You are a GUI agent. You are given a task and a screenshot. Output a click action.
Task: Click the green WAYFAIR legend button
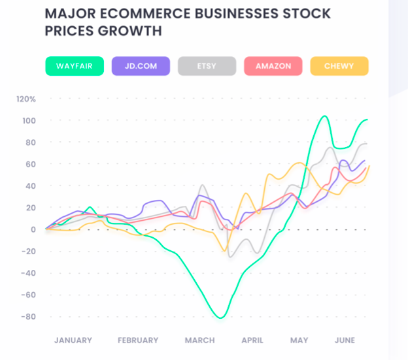tap(75, 66)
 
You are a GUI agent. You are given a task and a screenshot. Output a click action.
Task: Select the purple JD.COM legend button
tap(141, 66)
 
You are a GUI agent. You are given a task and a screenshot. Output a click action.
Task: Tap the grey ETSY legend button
tap(207, 66)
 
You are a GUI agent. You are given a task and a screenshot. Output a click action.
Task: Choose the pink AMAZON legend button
tap(273, 66)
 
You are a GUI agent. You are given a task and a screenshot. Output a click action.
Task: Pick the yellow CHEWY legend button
tap(339, 66)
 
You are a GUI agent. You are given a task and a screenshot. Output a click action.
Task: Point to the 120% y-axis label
tap(26, 99)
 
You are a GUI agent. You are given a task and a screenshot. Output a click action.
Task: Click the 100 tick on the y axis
tap(29, 121)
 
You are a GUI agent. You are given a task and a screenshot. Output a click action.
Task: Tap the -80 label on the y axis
tap(27, 317)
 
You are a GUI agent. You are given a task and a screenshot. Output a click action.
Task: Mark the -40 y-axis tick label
tap(27, 273)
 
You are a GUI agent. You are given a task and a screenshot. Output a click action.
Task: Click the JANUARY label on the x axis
tap(73, 340)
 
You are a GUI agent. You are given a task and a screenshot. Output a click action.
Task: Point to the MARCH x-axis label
tap(199, 340)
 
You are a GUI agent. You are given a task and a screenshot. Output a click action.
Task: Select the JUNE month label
tap(345, 340)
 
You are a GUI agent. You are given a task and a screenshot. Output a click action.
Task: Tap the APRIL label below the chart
tap(252, 340)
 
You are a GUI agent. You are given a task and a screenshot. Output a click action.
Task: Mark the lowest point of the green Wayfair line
tap(221, 318)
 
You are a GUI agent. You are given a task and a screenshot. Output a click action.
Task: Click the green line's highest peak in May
tap(324, 116)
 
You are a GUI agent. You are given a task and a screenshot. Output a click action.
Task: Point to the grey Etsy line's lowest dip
tap(230, 257)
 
